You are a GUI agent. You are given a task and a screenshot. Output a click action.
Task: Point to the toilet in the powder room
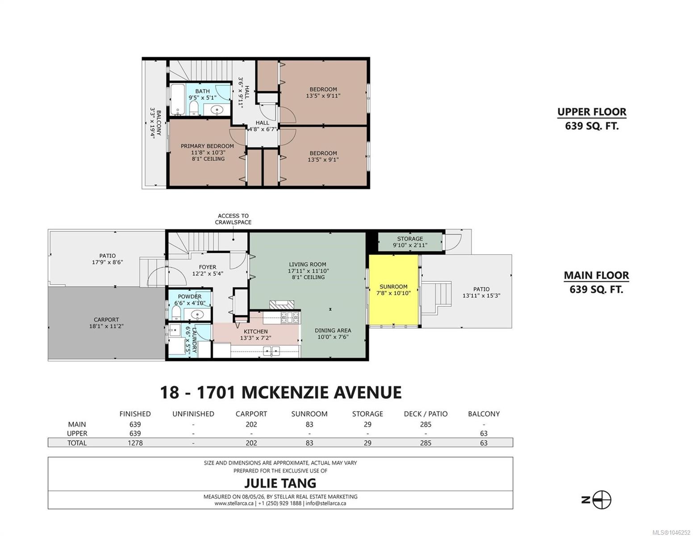(x=176, y=313)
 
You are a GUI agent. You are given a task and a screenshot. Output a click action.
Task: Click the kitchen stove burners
(x=290, y=318)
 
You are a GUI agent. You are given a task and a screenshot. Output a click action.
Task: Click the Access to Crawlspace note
(x=233, y=219)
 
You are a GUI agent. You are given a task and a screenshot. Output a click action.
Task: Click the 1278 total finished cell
(x=135, y=443)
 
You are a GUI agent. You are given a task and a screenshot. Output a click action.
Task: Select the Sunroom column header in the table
(x=309, y=414)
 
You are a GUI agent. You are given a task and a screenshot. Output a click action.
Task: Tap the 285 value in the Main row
(x=426, y=424)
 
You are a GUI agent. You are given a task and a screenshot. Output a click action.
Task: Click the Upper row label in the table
(x=77, y=433)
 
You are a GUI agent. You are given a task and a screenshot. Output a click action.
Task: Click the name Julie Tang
(x=280, y=483)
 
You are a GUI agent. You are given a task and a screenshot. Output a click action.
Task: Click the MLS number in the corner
(x=672, y=532)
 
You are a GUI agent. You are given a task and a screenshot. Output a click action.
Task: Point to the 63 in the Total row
(x=484, y=443)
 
